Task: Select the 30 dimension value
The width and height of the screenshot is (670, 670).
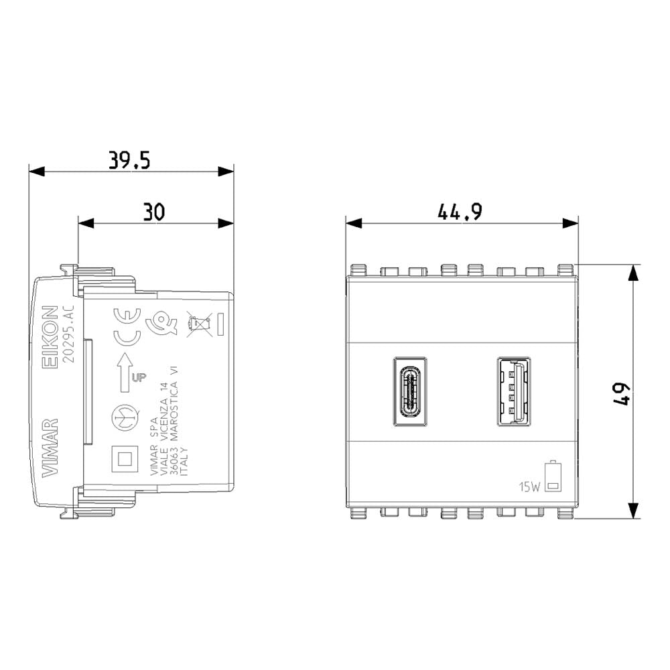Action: coord(154,212)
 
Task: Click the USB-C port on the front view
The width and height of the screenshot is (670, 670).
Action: coord(410,392)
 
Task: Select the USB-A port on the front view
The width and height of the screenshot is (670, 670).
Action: coord(514,392)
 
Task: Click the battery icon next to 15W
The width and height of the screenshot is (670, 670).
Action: coord(553,476)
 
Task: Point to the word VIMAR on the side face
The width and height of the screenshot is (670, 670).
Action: coord(50,448)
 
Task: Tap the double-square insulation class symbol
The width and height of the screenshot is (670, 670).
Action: coord(125,459)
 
